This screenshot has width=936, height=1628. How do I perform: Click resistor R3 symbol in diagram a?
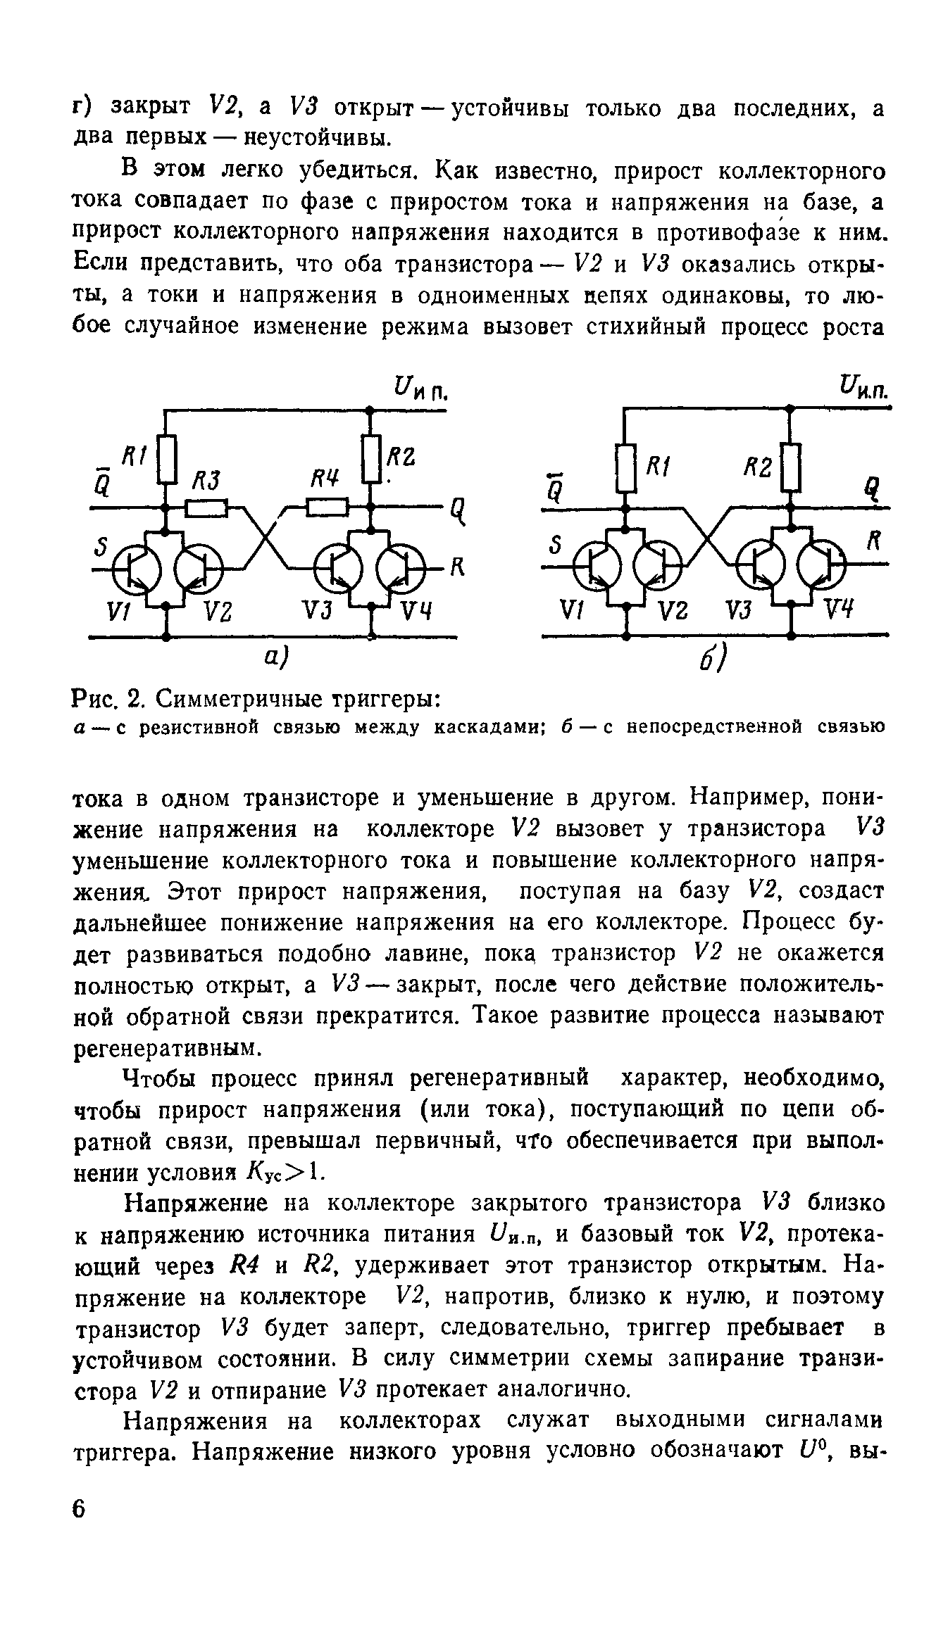click(x=206, y=507)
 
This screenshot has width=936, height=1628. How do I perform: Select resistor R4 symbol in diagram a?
click(x=327, y=507)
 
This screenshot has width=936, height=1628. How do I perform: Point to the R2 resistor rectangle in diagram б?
click(x=792, y=467)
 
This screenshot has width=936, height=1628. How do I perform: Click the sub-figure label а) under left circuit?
click(x=275, y=657)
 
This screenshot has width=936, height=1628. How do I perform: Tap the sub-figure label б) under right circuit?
click(x=715, y=660)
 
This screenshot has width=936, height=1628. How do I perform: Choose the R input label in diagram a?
click(x=456, y=567)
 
